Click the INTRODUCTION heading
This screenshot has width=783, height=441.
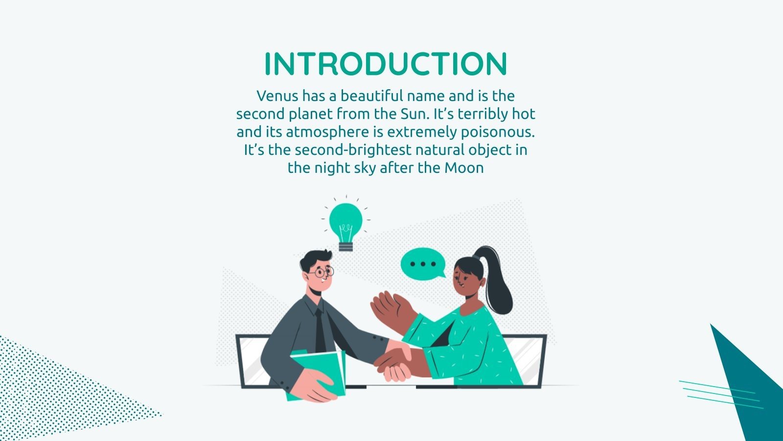point(386,64)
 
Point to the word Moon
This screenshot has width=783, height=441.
point(464,168)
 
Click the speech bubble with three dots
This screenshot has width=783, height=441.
point(422,265)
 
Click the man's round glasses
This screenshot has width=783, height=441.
point(323,271)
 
